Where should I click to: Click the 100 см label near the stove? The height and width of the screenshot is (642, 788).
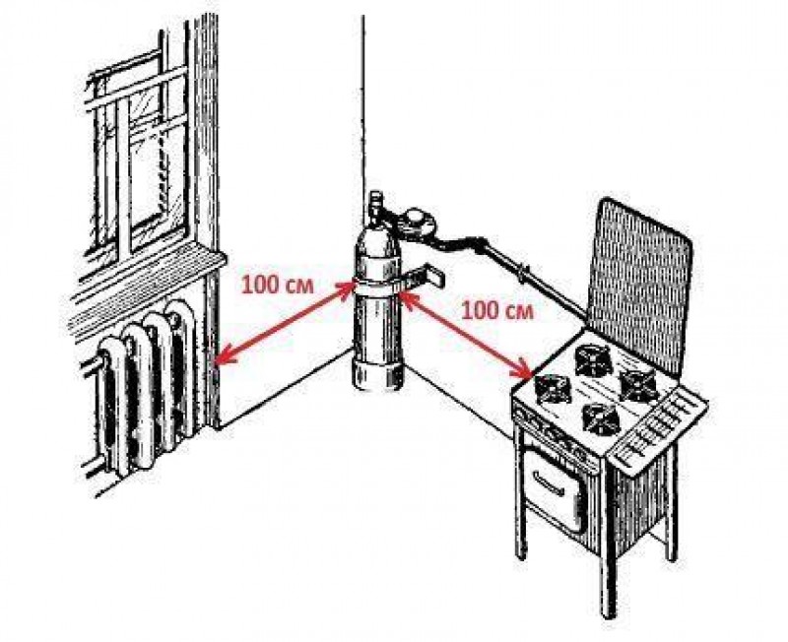497,310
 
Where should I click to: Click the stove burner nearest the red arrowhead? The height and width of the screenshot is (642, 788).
554,387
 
